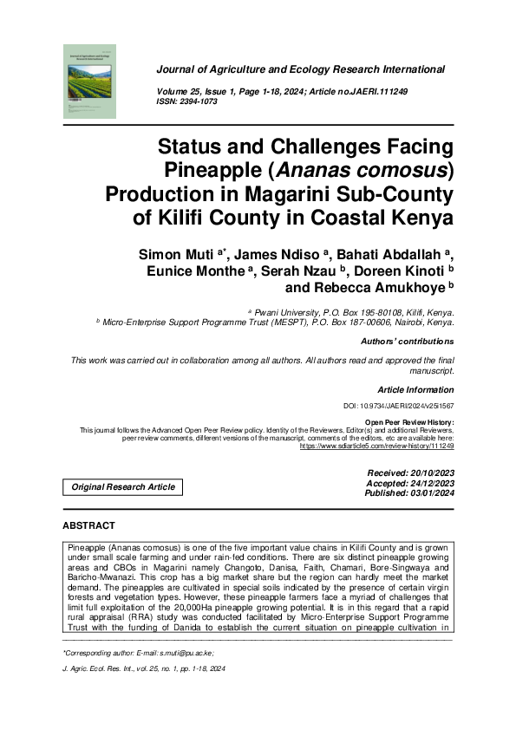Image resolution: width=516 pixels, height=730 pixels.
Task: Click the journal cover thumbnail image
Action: pos(90,81)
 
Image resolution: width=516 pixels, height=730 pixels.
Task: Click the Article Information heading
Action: pos(415,390)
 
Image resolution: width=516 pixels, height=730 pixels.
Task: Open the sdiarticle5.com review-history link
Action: pos(376,446)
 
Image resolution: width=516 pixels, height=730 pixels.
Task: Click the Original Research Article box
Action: pos(123,487)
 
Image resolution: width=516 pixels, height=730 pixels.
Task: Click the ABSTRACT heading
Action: pos(89,526)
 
